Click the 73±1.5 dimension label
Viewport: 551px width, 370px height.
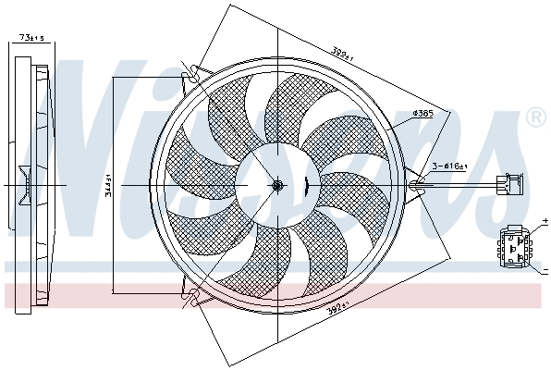31,38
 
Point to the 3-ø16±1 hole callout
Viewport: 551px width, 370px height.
450,166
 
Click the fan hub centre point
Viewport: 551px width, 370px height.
276,185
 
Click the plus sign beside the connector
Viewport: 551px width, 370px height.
545,224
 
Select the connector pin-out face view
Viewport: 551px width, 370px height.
513,246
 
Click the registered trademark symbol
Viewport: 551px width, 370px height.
534,117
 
